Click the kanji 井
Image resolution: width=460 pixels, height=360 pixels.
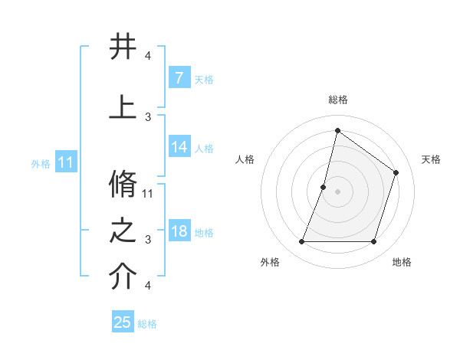[x=123, y=47]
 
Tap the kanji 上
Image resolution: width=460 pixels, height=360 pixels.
[x=123, y=107]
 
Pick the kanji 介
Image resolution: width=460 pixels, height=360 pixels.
[x=123, y=277]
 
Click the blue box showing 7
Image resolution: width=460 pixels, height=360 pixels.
[x=179, y=78]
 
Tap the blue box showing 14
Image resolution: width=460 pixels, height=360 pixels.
[x=179, y=148]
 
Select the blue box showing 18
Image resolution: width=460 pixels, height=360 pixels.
[x=179, y=232]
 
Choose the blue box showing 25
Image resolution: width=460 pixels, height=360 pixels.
[x=123, y=322]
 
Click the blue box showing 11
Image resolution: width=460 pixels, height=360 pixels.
[x=66, y=162]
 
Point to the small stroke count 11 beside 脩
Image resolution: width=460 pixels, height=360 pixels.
[x=148, y=193]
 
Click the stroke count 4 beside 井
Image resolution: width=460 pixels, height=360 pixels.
[x=148, y=56]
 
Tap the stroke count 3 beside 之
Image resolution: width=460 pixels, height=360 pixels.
[x=148, y=240]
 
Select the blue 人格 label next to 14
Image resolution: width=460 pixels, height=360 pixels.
[x=204, y=149]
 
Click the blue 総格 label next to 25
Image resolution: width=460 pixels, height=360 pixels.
[x=147, y=324]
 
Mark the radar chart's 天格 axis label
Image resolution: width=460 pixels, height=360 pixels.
[x=431, y=159]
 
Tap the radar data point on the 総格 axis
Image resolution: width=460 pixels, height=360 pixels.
[x=337, y=130]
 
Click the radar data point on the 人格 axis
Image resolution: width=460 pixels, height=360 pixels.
[x=324, y=187]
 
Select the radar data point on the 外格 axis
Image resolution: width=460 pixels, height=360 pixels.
[x=301, y=242]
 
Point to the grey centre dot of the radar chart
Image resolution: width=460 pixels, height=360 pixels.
[x=337, y=191]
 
